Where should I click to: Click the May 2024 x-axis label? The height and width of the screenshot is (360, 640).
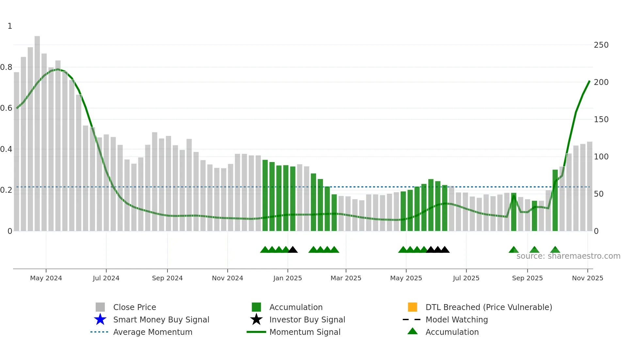point(46,278)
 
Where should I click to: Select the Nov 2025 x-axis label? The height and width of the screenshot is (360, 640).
point(587,278)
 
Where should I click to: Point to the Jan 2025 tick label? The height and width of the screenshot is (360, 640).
point(287,278)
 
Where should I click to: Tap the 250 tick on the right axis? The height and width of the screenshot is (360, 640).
point(601,45)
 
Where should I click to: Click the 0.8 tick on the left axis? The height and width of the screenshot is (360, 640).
point(6,67)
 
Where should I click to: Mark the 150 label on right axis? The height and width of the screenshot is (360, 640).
point(601,120)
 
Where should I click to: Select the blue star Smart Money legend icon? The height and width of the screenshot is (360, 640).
point(100,319)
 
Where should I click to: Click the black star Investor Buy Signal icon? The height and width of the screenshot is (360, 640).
point(256,319)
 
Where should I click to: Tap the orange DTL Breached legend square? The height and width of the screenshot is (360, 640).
point(412,307)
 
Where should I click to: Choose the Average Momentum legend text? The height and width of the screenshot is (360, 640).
point(152,332)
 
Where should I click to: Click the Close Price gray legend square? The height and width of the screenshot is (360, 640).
point(100,307)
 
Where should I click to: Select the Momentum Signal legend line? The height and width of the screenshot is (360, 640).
point(256,332)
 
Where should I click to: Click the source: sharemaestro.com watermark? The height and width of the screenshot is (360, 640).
point(568,256)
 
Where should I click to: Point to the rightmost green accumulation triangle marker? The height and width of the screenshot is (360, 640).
point(555,250)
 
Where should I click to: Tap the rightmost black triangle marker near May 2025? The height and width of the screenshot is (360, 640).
point(444,250)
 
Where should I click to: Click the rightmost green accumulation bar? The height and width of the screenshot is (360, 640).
point(555,200)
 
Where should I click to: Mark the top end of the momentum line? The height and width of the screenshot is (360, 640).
point(589,81)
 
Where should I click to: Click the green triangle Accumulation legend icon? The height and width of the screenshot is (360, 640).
point(412,331)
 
